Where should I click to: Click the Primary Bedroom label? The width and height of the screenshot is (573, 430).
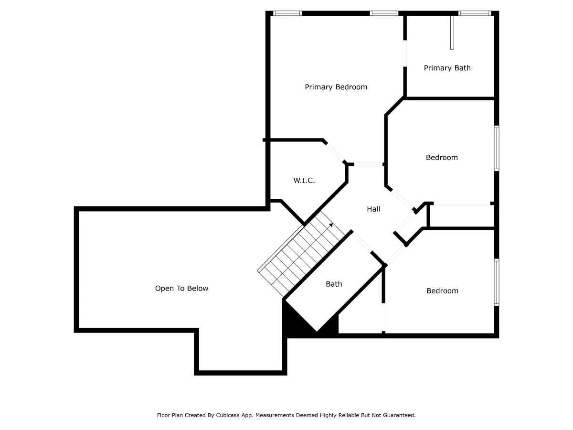[x=336, y=87]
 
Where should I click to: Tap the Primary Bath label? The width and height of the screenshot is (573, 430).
[x=447, y=68]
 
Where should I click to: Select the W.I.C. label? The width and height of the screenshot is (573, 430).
[x=304, y=180]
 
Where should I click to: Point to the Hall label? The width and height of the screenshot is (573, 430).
[x=373, y=209]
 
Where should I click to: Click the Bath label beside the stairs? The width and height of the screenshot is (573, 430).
[x=334, y=284]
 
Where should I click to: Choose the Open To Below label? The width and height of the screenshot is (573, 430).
[x=181, y=288]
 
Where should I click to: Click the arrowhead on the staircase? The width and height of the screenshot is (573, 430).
[x=331, y=225]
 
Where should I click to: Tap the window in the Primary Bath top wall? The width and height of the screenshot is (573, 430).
[x=475, y=13]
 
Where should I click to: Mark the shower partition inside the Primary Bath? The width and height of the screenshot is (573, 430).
[x=452, y=32]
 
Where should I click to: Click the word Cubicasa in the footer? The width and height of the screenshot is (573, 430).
[x=228, y=415]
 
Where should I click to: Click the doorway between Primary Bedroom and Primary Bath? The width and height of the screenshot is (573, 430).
[x=404, y=54]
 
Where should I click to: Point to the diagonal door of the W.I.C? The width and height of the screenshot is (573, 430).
[x=335, y=152]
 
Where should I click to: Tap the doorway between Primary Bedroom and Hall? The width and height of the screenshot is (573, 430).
[x=368, y=164]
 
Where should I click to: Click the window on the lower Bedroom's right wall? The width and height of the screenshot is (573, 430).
[x=497, y=282]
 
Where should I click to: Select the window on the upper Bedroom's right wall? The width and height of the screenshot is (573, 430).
[x=497, y=148]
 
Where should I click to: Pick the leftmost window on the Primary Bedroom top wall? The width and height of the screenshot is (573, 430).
[x=287, y=13]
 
